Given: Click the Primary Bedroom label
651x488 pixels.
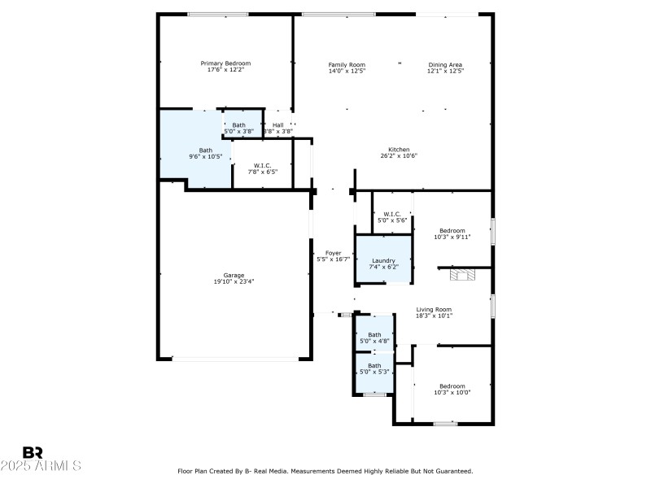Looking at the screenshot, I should point(225,63).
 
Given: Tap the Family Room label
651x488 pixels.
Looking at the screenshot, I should point(347,64).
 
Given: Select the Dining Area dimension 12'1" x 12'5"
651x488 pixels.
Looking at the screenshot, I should point(445,72).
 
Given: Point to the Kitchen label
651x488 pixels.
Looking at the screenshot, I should point(398,149).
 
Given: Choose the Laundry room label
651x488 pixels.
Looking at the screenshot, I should point(382,260).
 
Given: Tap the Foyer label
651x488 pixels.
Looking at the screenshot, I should point(333,252).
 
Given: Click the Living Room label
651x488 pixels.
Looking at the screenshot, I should point(434,309).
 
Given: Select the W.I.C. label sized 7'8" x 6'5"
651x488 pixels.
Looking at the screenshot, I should point(262,165).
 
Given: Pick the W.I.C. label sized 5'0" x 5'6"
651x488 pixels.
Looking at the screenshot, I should point(392,214).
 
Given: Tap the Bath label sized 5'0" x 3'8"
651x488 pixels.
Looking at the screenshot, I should point(238,124).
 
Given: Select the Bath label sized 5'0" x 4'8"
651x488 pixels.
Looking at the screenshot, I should point(374,334).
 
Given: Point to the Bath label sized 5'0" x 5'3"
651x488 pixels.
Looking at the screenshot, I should point(374,365).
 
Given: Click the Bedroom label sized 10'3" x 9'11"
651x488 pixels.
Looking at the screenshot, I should point(452,230).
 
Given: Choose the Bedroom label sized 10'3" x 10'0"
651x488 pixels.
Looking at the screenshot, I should point(452,386).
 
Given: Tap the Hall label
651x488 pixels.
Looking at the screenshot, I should point(278,124).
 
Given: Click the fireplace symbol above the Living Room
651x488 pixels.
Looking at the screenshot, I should point(465,275).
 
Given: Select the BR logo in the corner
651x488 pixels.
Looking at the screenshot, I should point(33,452).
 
